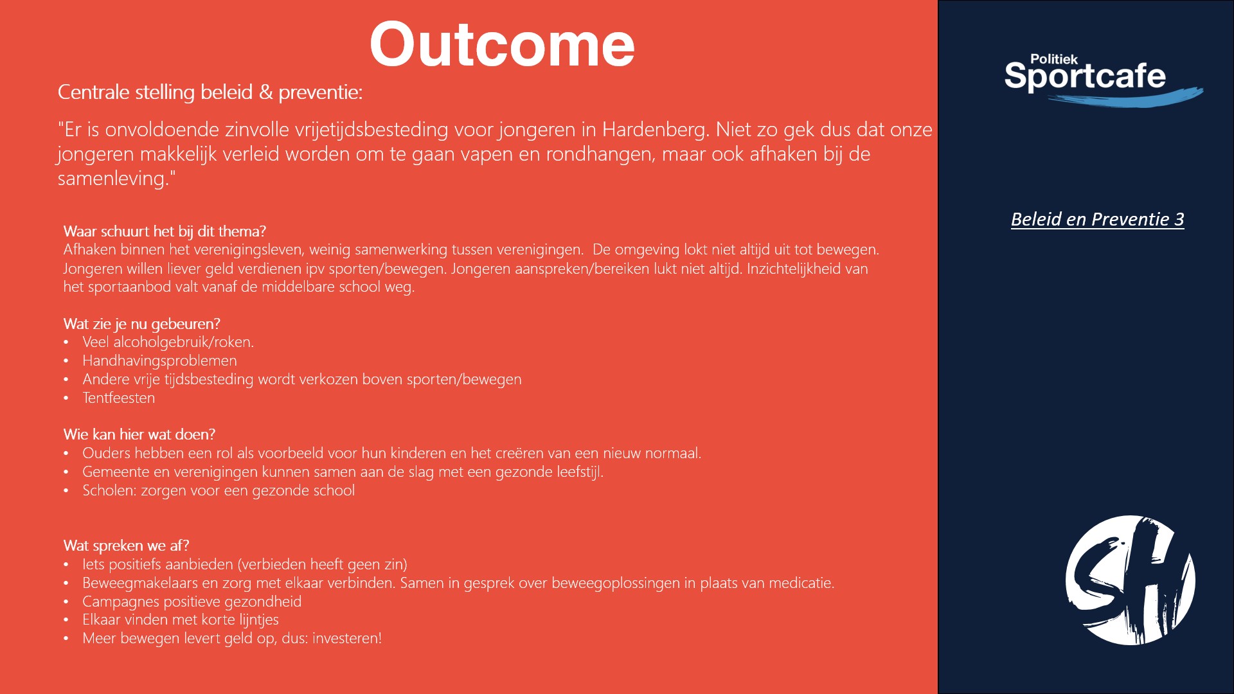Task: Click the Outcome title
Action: click(x=502, y=44)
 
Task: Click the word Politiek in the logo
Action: click(x=1054, y=59)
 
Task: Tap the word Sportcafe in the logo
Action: click(x=1085, y=76)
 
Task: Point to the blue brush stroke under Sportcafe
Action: click(x=1125, y=98)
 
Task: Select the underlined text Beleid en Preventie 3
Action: click(x=1098, y=219)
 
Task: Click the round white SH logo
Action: click(x=1130, y=580)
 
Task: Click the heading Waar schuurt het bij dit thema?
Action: click(x=165, y=231)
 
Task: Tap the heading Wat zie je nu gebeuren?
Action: click(x=141, y=324)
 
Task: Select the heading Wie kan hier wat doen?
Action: click(x=139, y=434)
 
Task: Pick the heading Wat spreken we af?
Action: click(x=126, y=546)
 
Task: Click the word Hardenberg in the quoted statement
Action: click(x=653, y=130)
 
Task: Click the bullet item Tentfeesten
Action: click(x=119, y=398)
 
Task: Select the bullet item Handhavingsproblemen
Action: click(x=159, y=361)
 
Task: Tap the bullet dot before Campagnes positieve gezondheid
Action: click(x=66, y=602)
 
